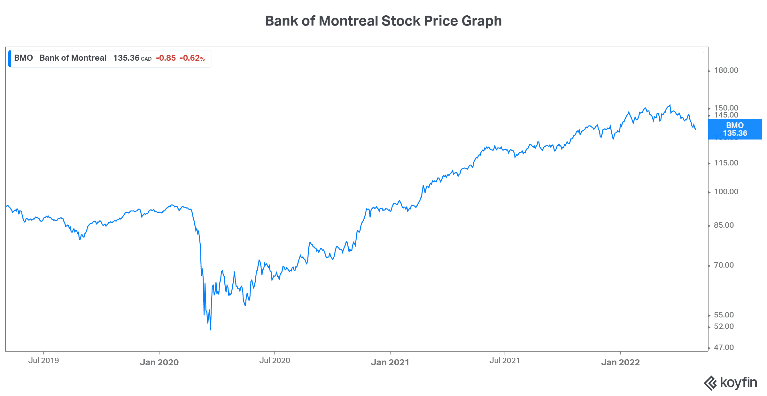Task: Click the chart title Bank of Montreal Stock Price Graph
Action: tap(383, 21)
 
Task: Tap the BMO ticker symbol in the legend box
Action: tap(23, 58)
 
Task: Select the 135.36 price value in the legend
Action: tap(126, 58)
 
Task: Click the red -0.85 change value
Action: tap(166, 58)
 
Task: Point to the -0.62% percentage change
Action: tap(192, 58)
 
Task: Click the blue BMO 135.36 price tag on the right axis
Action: tap(735, 129)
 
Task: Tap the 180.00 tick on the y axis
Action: tap(726, 70)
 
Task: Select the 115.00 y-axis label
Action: tap(726, 163)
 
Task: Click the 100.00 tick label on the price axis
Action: tap(726, 192)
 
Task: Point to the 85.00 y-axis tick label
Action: tap(724, 225)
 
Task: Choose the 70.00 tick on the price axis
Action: tap(724, 265)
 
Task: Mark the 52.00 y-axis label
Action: tap(724, 326)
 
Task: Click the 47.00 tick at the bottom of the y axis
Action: tap(724, 347)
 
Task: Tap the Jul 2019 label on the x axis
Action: tap(43, 361)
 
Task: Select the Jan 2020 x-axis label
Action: tap(159, 362)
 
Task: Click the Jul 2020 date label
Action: tap(275, 361)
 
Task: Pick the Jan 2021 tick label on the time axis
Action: tap(390, 362)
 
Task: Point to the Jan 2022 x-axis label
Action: tap(620, 362)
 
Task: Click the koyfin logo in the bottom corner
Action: tap(731, 383)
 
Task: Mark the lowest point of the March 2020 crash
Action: tap(211, 330)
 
